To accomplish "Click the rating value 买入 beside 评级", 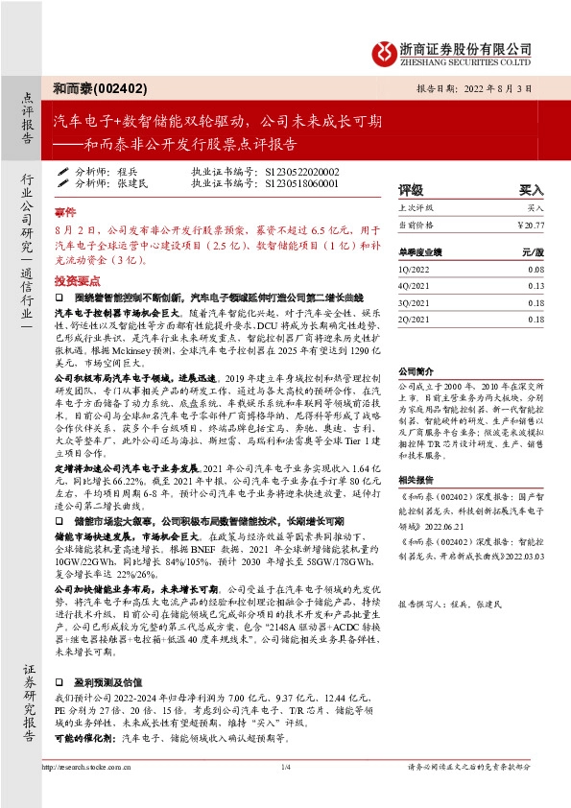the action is (531, 190).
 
